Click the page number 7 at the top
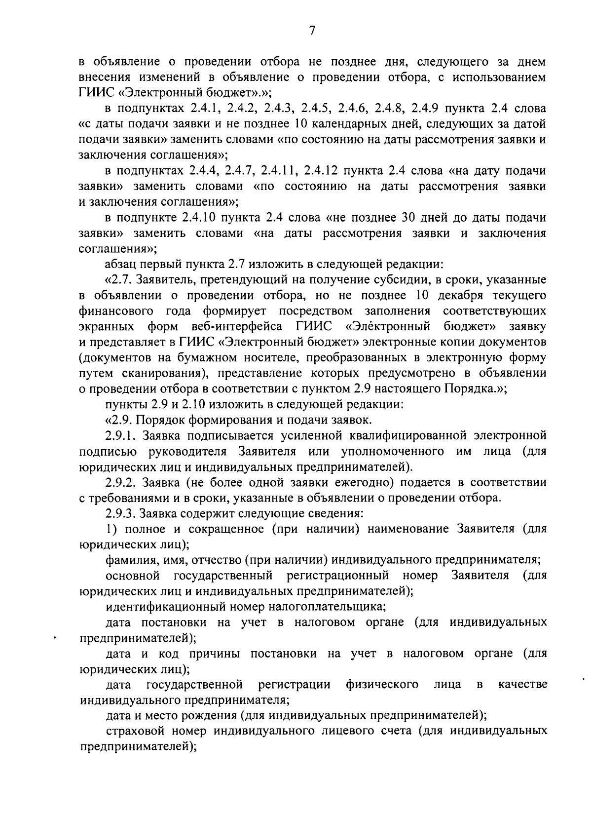coord(311,31)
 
